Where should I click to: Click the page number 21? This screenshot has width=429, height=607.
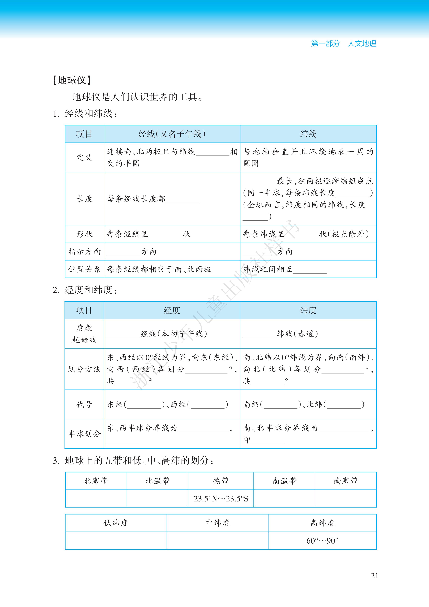[x=374, y=576]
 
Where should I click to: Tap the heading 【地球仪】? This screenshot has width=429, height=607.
[x=72, y=80]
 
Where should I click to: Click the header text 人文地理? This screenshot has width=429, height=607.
[x=362, y=44]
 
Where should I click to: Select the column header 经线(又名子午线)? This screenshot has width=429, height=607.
[x=172, y=134]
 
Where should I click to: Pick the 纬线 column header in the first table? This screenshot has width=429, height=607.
[x=308, y=134]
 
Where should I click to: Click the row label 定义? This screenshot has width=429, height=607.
[x=84, y=158]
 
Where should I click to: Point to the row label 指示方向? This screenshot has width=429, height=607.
[x=84, y=252]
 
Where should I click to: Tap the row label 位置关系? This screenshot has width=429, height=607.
[x=84, y=269]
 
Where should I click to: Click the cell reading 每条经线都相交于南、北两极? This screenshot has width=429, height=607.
[x=159, y=269]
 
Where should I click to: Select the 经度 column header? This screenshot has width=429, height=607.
[x=172, y=310]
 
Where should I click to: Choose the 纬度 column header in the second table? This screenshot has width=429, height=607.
[x=308, y=310]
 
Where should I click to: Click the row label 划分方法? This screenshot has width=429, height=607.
[x=84, y=369]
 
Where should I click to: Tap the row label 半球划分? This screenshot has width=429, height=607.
[x=84, y=434]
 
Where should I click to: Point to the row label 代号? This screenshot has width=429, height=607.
[x=84, y=404]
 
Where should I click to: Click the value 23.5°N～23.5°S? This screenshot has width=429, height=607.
[x=221, y=499]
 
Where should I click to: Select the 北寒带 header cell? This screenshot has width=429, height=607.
[x=96, y=481]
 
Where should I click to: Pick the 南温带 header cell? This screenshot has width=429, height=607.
[x=284, y=481]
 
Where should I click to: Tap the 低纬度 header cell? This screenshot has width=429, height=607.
[x=116, y=523]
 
